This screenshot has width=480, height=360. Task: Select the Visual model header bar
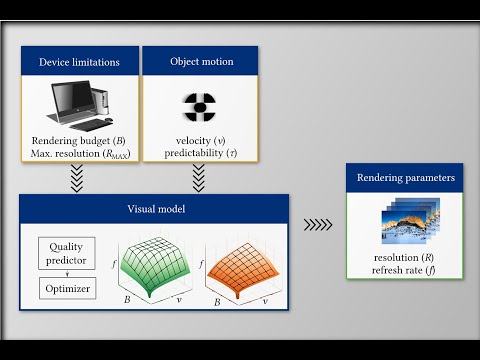pos(155,210)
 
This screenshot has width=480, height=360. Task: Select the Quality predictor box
pos(67,252)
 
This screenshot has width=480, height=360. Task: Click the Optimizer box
pos(67,288)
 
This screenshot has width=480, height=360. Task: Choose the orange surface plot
pos(243,265)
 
